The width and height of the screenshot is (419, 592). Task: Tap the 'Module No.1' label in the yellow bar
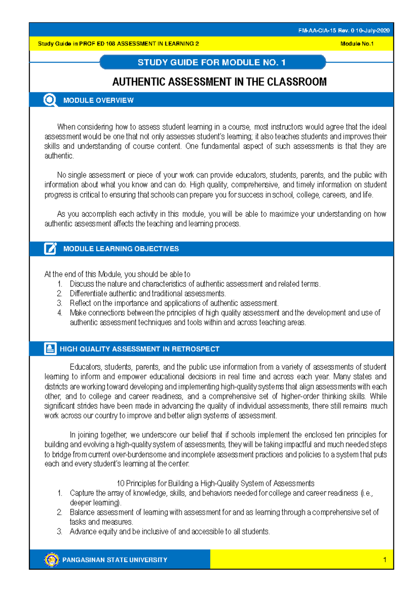coord(357,44)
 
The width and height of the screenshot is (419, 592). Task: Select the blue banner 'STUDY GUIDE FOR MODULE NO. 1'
coord(212,62)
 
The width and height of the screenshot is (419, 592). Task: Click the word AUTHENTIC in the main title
coord(139,82)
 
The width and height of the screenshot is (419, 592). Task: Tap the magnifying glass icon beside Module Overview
coord(50,100)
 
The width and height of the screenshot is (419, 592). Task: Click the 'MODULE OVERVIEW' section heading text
coord(98,101)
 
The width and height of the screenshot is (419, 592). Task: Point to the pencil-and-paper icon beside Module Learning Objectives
coord(50,249)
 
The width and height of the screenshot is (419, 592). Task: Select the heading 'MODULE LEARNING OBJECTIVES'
coord(121,249)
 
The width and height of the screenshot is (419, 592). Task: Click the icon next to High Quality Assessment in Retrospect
coord(50,349)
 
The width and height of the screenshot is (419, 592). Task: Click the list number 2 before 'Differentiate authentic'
coord(60,294)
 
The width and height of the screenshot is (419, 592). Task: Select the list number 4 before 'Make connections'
coord(60,313)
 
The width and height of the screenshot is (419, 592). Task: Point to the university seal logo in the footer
coord(52,560)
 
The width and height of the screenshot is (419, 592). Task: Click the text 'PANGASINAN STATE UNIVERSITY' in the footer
coord(115,560)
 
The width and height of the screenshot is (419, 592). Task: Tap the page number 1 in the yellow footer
coord(384,560)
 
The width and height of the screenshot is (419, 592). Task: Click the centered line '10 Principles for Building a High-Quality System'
coord(215,483)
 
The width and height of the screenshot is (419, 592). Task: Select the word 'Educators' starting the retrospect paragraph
coord(86,367)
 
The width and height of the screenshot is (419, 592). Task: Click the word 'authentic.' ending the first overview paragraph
coord(59,156)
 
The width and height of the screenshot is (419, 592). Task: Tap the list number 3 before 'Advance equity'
coord(60,532)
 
